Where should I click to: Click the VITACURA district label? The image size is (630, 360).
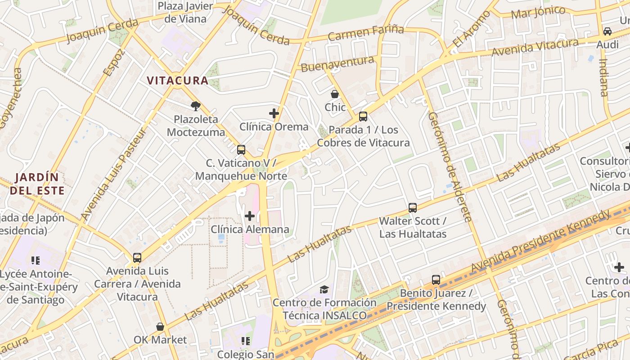pyautogui.click(x=177, y=81)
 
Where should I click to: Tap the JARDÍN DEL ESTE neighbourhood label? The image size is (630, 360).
pyautogui.click(x=37, y=184)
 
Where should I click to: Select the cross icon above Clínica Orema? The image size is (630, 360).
pyautogui.click(x=274, y=113)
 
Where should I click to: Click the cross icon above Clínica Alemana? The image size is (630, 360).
pyautogui.click(x=250, y=216)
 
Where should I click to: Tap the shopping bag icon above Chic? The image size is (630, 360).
pyautogui.click(x=335, y=94)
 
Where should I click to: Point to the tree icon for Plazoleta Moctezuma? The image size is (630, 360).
pyautogui.click(x=195, y=106)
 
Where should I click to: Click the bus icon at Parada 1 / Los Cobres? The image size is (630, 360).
pyautogui.click(x=363, y=117)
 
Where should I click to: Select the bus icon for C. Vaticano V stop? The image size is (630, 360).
pyautogui.click(x=241, y=150)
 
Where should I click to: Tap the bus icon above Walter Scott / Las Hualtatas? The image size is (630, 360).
pyautogui.click(x=413, y=208)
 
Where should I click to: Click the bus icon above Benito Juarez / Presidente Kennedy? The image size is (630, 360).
pyautogui.click(x=436, y=280)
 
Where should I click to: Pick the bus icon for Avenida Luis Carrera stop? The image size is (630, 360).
pyautogui.click(x=137, y=258)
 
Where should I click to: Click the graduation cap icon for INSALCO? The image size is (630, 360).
pyautogui.click(x=324, y=289)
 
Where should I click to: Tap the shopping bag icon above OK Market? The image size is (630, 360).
pyautogui.click(x=160, y=327)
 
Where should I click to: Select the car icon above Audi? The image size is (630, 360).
pyautogui.click(x=607, y=31)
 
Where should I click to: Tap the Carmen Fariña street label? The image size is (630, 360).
pyautogui.click(x=365, y=33)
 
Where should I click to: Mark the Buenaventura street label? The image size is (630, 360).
pyautogui.click(x=337, y=64)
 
